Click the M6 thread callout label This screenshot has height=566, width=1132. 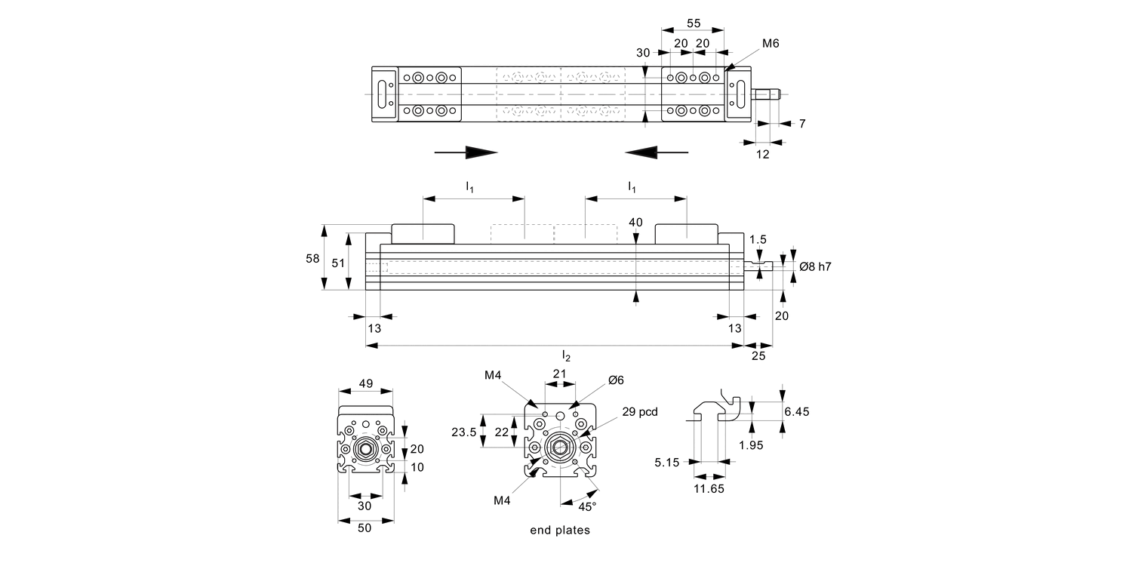pyautogui.click(x=770, y=44)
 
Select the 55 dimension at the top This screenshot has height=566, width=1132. pyautogui.click(x=692, y=23)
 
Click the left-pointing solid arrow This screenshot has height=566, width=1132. pyautogui.click(x=657, y=152)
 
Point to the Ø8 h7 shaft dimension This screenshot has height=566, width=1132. pyautogui.click(x=815, y=266)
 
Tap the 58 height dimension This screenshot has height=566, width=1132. pyautogui.click(x=312, y=257)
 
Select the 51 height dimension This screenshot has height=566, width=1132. pyautogui.click(x=337, y=263)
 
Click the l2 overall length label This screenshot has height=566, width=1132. pyautogui.click(x=566, y=355)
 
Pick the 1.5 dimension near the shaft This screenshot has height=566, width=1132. pyautogui.click(x=758, y=239)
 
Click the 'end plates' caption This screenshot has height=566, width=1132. pyautogui.click(x=560, y=530)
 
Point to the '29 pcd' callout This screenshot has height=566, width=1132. pyautogui.click(x=640, y=412)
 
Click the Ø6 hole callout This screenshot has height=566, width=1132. pyautogui.click(x=616, y=380)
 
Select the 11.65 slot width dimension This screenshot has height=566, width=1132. pyautogui.click(x=709, y=489)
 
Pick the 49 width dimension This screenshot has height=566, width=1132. pyautogui.click(x=365, y=383)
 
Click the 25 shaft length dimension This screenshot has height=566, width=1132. pyautogui.click(x=758, y=355)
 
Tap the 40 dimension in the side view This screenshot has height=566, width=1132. pyautogui.click(x=635, y=223)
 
